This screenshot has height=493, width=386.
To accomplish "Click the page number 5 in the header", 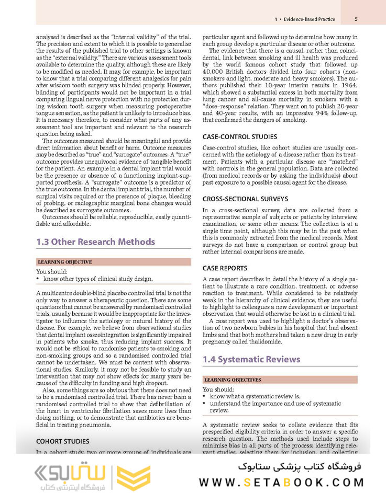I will point(356,19).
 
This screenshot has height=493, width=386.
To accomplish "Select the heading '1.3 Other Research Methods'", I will point(95,242).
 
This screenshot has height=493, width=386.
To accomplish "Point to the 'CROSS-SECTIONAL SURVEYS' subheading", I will point(245,199).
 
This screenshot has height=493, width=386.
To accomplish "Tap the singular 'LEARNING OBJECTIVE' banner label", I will point(65,261).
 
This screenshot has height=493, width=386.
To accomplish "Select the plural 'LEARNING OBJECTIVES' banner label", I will point(233,380).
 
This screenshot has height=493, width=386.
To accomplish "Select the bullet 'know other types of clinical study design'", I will point(98,279).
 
